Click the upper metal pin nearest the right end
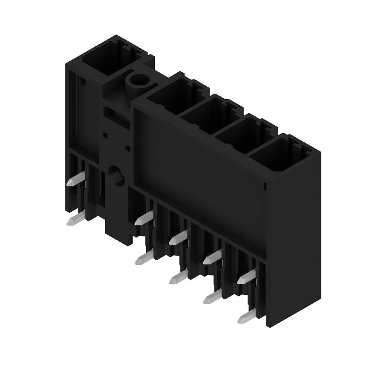pyautogui.click(x=245, y=278)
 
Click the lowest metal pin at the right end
pyautogui.click(x=245, y=317)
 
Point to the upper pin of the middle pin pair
pyautogui.click(x=178, y=238)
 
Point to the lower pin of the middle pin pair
pyautogui.click(x=178, y=277)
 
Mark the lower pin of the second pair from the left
pyautogui.click(x=143, y=258)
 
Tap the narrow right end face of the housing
pyautogui.click(x=294, y=232)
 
